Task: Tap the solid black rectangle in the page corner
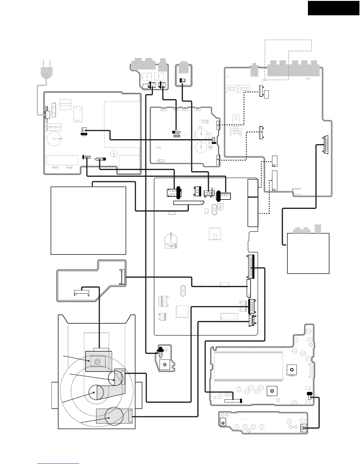[x=334, y=8]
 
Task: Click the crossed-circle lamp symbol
[x=223, y=423]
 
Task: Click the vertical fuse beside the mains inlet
[x=54, y=110]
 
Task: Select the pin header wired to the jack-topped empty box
[x=326, y=144]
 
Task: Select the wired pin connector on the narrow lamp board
[x=303, y=428]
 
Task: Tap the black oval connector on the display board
[x=309, y=394]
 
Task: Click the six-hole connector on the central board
[x=172, y=193]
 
